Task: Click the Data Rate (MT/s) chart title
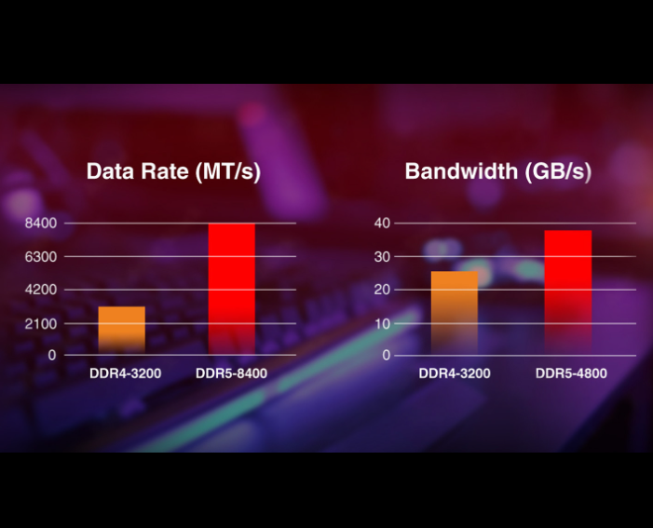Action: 173,171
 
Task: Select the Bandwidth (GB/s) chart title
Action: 497,171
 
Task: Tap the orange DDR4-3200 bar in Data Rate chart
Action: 121,329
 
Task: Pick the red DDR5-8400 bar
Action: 231,289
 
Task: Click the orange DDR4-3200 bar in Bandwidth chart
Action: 455,313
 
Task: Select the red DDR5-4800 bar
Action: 567,292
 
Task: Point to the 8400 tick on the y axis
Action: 42,223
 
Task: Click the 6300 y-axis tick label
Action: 42,257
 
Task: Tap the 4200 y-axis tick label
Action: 42,291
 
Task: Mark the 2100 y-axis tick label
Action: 42,324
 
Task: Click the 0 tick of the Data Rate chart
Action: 52,356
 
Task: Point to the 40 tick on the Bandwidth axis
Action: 383,223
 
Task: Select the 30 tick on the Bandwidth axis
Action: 383,257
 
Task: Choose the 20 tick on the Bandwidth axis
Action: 383,291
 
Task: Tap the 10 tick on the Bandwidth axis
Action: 383,324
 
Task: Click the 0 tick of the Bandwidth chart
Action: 387,356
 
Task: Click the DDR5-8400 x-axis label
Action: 231,374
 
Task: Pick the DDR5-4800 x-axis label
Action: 571,374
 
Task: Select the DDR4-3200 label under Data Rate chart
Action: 126,374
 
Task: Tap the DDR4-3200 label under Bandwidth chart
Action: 455,374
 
